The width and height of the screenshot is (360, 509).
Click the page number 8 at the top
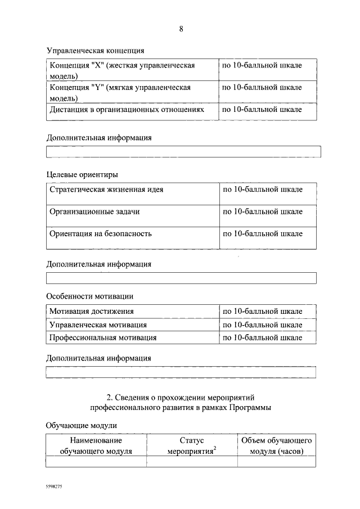point(181,29)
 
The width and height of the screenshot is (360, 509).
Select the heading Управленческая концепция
point(95,51)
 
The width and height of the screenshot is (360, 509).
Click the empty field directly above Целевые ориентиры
point(183,152)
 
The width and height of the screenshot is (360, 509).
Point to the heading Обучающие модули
point(81,426)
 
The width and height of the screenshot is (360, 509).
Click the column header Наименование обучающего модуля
point(96,445)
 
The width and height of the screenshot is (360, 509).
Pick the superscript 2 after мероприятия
point(215,448)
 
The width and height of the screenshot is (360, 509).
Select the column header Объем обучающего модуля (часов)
point(276,445)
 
